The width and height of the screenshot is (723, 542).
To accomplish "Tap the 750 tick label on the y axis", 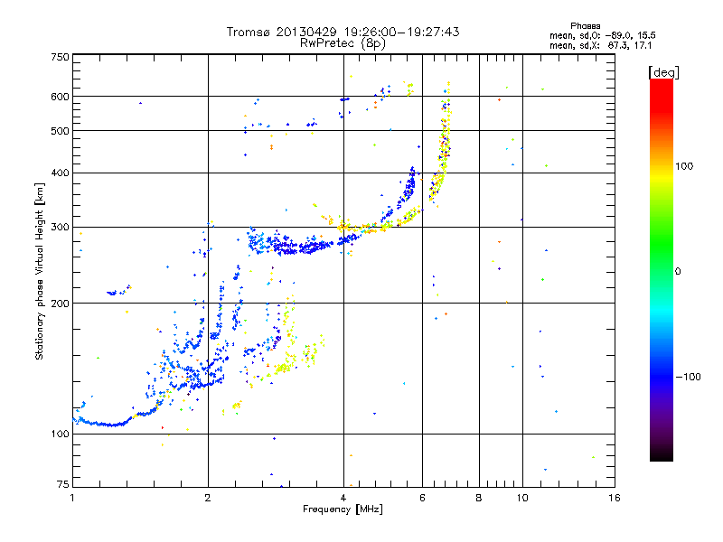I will tap(60, 56).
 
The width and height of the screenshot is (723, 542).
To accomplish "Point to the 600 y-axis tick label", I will tap(60, 96).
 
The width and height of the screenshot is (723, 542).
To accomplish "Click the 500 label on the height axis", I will tap(60, 130).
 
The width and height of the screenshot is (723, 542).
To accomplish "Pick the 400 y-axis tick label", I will tap(60, 173).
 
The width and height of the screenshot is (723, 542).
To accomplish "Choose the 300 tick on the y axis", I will tap(60, 227).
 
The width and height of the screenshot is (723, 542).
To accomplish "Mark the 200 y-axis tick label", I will tap(60, 303).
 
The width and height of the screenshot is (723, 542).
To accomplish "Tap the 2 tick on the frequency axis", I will tap(208, 498).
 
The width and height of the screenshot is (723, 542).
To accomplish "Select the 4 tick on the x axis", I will tap(343, 498).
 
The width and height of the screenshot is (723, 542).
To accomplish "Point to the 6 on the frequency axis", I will tap(422, 498).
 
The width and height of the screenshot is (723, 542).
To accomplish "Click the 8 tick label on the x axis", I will tap(478, 498).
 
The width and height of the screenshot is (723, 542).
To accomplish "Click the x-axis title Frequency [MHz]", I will tap(343, 509).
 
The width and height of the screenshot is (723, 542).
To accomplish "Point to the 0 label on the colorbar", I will tap(679, 271).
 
